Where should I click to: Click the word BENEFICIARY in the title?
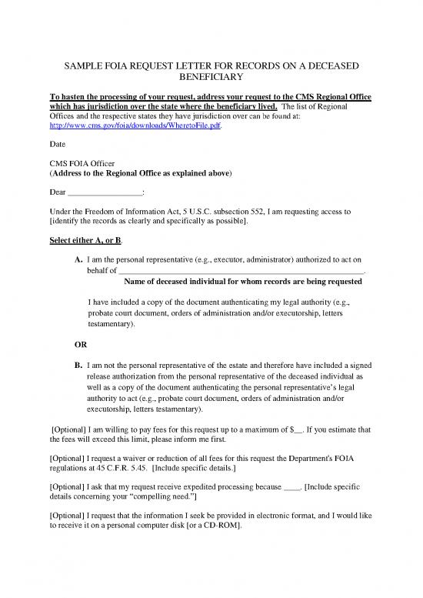[211, 78]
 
